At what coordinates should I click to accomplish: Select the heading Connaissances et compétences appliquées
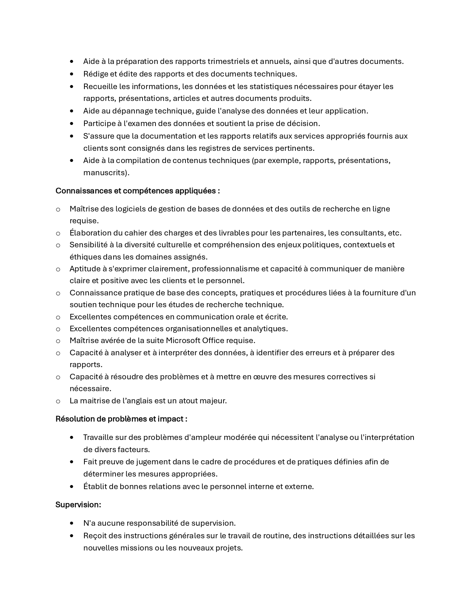(137, 191)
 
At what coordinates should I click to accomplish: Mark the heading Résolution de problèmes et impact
(121, 419)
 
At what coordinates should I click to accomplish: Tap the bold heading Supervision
(78, 505)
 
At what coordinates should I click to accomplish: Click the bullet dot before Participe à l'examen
(71, 123)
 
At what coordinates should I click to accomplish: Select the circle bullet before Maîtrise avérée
(58, 341)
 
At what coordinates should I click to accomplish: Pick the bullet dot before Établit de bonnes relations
(71, 487)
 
